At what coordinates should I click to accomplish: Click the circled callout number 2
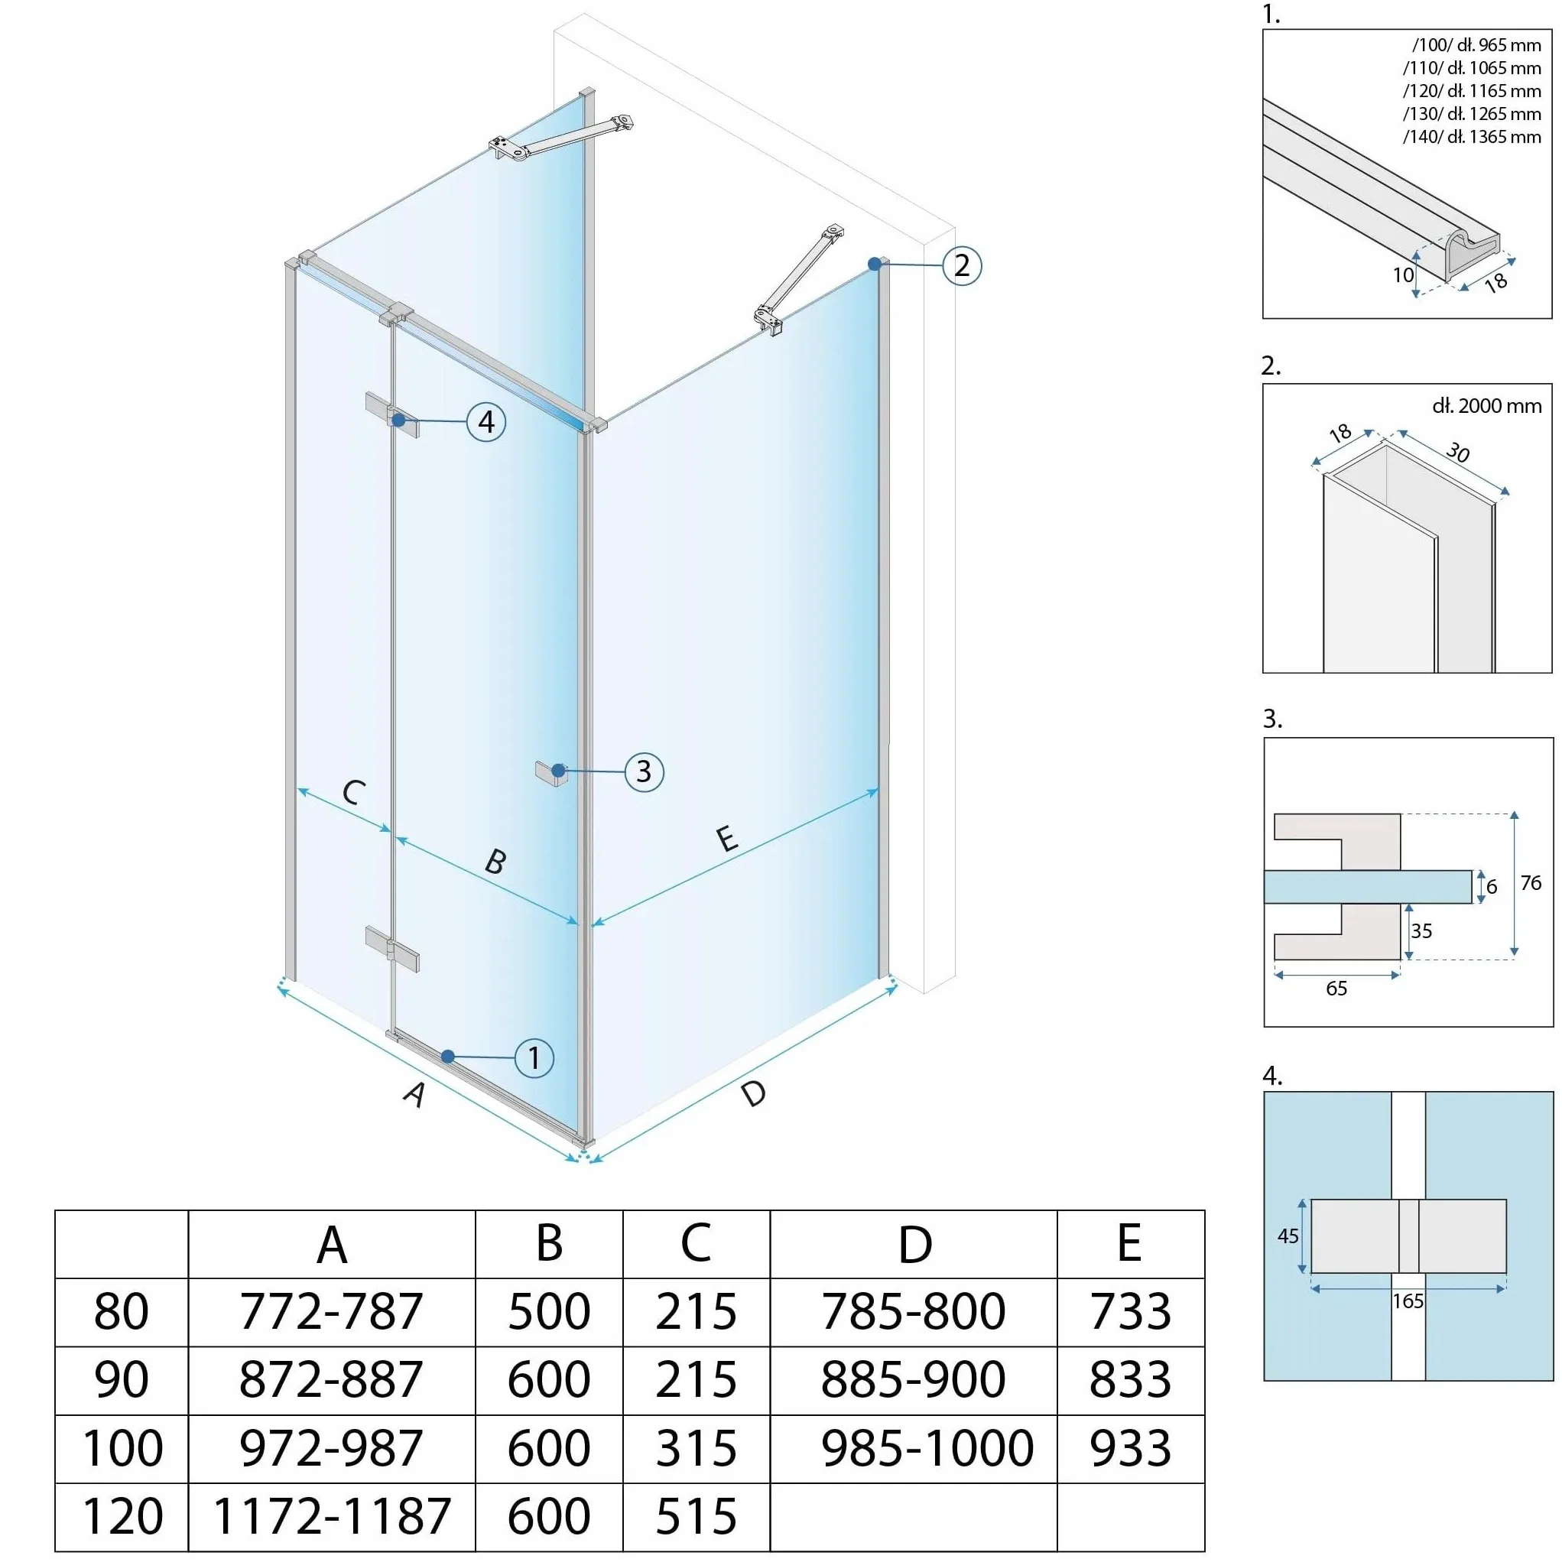click(x=962, y=265)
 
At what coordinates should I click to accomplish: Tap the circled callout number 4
click(x=487, y=421)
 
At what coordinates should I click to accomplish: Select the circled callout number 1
click(x=534, y=1057)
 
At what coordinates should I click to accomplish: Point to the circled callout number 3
click(x=645, y=771)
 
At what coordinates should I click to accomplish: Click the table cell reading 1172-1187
click(x=332, y=1516)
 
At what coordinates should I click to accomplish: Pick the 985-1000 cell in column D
click(x=927, y=1447)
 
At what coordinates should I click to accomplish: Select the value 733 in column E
click(x=1130, y=1310)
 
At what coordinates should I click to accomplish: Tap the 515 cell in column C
click(x=696, y=1516)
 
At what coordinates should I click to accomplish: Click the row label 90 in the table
click(x=122, y=1379)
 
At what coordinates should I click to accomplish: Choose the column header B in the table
click(x=549, y=1242)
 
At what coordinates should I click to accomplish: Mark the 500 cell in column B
click(x=549, y=1310)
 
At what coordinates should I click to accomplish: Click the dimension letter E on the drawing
click(x=727, y=838)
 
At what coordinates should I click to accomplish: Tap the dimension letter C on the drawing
click(x=353, y=792)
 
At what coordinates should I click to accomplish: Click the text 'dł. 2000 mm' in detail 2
click(x=1487, y=406)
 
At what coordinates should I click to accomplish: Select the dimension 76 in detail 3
click(x=1531, y=883)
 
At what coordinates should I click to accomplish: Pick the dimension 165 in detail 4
click(x=1408, y=1301)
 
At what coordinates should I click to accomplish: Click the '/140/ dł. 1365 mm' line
click(x=1472, y=137)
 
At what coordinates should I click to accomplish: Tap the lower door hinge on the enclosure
click(x=392, y=949)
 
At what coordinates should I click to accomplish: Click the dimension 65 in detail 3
click(x=1336, y=988)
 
